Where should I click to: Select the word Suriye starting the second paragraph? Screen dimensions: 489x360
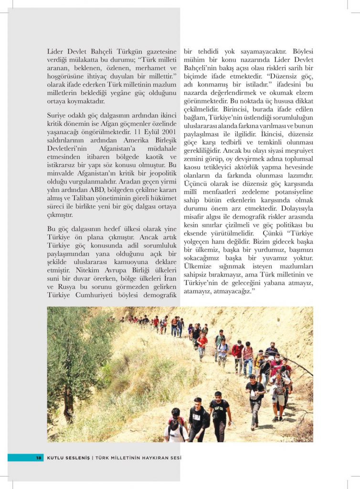(57, 116)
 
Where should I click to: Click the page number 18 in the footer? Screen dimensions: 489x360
(39, 457)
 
